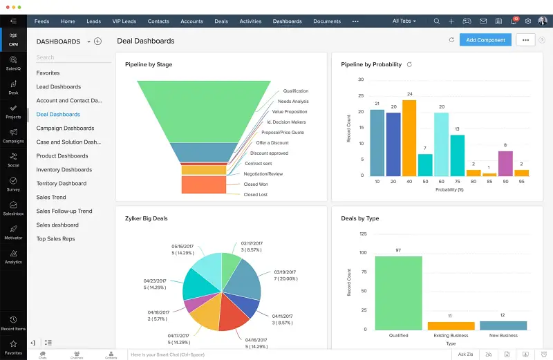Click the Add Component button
[x=485, y=40]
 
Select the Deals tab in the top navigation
[x=221, y=21]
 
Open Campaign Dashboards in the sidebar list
[x=65, y=128]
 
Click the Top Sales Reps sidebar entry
[x=55, y=238]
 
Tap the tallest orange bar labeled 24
[x=409, y=138]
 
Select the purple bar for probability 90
[x=505, y=163]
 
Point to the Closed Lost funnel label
[x=256, y=195]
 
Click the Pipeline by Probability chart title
[x=371, y=64]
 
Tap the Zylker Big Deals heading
[x=147, y=218]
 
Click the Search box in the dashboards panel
[x=69, y=57]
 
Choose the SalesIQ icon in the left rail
[x=13, y=62]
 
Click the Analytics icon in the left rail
[x=13, y=256]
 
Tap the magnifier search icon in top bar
[x=436, y=21]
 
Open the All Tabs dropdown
[x=404, y=21]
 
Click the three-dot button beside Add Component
[x=525, y=40]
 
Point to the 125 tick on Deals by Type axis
[x=362, y=234]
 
